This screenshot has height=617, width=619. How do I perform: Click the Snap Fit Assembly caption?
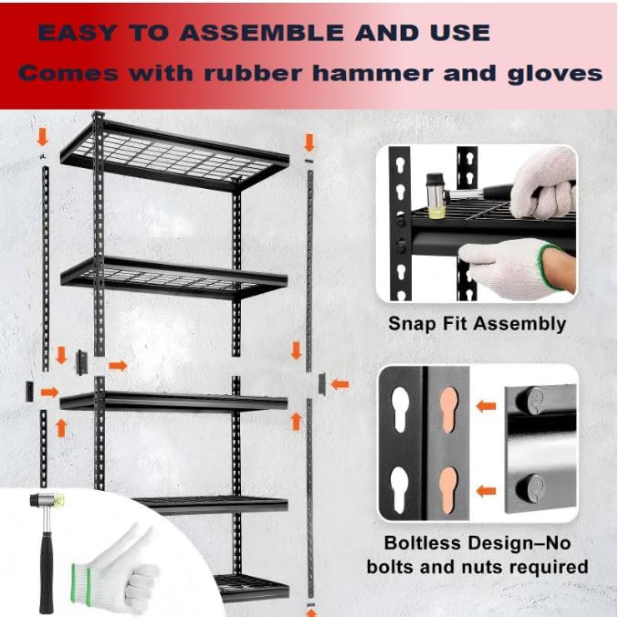[x=477, y=323]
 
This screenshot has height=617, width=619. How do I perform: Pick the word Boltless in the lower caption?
[x=418, y=541]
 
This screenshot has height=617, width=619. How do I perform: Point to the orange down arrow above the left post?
[x=41, y=138]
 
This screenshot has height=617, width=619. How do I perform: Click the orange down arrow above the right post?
[x=309, y=142]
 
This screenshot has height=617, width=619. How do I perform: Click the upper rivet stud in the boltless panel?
[x=533, y=401]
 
